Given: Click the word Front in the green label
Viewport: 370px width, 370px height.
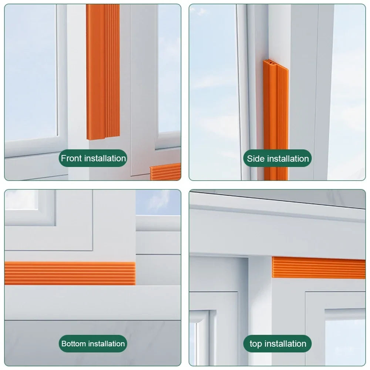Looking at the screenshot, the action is click(x=71, y=158).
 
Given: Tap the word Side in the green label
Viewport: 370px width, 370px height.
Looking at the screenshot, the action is click(x=256, y=159).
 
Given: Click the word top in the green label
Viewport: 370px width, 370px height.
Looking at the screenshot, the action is click(x=256, y=344).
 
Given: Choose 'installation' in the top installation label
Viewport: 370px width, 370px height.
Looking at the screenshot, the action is click(x=285, y=344).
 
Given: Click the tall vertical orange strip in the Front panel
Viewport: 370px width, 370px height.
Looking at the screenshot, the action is click(x=103, y=72).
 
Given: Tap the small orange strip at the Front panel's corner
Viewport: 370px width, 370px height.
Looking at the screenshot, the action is click(x=165, y=172).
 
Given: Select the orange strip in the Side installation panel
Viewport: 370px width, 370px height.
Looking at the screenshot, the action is click(x=276, y=120).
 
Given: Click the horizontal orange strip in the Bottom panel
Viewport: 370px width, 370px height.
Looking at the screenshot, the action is click(x=70, y=273).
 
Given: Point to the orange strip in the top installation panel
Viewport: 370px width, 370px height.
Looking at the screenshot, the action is click(x=319, y=268).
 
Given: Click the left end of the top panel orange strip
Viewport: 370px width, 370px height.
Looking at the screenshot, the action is click(x=273, y=267).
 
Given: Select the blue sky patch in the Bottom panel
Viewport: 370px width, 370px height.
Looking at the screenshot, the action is click(x=158, y=202).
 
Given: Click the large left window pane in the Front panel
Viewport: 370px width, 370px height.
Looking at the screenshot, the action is click(x=31, y=73).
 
